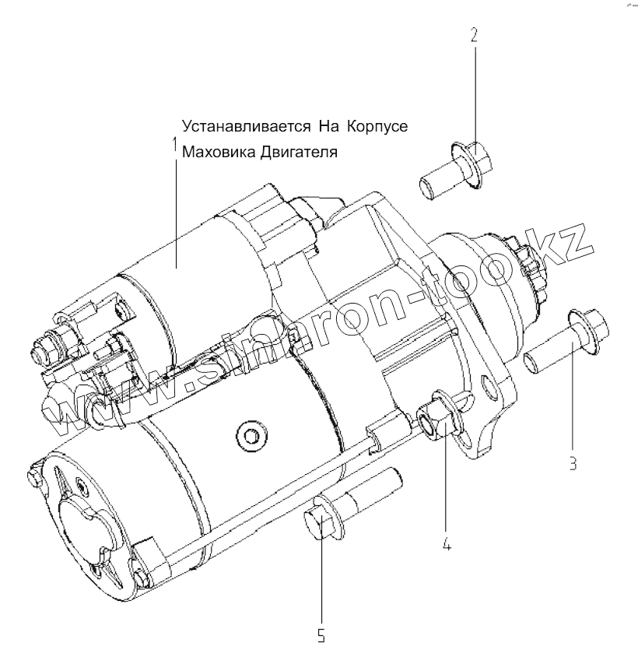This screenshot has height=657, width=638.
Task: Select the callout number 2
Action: pyautogui.click(x=475, y=36)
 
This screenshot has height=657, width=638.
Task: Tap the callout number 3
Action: pyautogui.click(x=573, y=465)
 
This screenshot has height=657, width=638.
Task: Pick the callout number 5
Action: pyautogui.click(x=321, y=635)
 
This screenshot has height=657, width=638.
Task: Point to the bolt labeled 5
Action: pyautogui.click(x=350, y=504)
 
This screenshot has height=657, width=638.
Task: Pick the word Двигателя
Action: pyautogui.click(x=300, y=152)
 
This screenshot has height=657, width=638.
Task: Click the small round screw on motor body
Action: pyautogui.click(x=250, y=434)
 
